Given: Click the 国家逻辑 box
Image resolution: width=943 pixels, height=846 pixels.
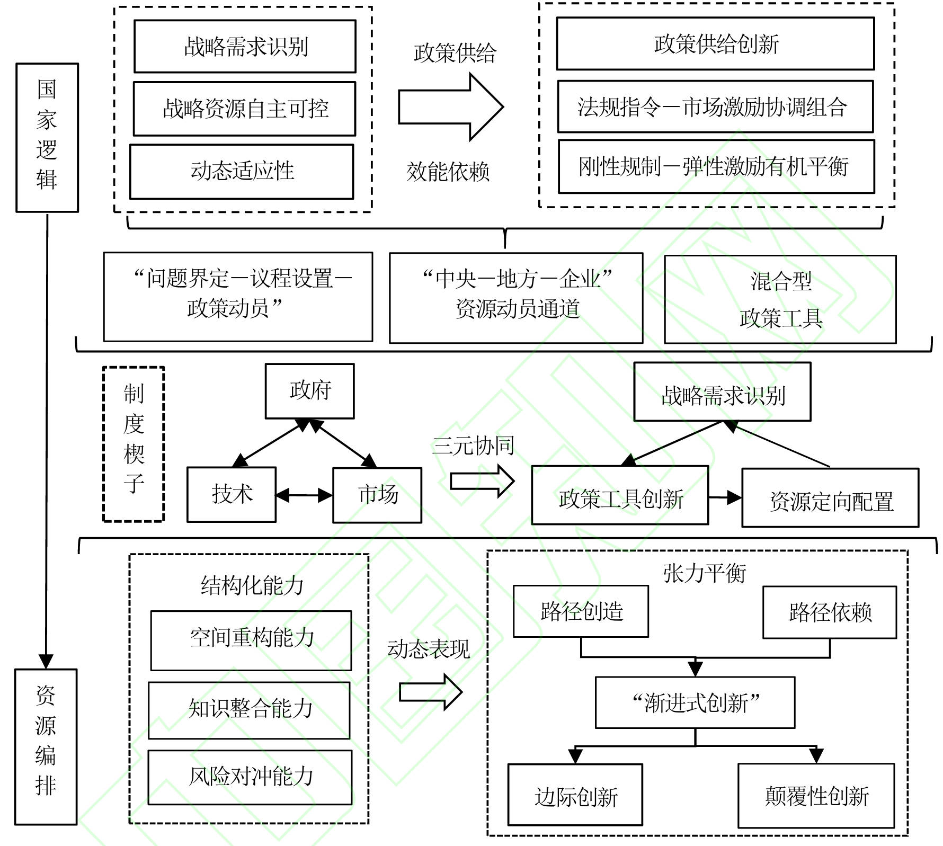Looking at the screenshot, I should [47, 138].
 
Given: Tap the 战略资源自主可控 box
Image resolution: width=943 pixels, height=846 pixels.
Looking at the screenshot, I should [244, 109].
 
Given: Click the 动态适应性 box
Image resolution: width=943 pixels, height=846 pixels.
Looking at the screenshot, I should [242, 172].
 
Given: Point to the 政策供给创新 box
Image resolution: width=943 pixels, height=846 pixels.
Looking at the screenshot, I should [715, 44].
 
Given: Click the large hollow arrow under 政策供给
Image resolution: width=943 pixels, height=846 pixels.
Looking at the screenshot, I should [450, 107].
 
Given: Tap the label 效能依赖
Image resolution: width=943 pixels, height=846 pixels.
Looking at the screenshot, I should [448, 172].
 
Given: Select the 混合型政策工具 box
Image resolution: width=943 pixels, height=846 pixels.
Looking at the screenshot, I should [780, 299].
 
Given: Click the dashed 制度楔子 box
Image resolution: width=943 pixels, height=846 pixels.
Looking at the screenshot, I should [134, 444].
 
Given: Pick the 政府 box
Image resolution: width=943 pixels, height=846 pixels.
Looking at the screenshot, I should [310, 391].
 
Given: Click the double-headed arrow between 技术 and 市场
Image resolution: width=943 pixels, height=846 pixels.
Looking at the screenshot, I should [304, 495].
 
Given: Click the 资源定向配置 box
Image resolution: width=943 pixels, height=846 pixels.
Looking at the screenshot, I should [830, 498].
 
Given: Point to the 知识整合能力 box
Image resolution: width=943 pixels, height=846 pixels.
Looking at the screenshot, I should [250, 710].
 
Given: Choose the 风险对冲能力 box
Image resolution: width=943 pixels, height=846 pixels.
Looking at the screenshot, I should [250, 777].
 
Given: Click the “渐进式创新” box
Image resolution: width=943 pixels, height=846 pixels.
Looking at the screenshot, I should [695, 702].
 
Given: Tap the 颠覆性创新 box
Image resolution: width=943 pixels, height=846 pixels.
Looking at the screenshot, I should [816, 796].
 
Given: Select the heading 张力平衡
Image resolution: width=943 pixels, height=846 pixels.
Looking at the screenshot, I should [704, 573].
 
